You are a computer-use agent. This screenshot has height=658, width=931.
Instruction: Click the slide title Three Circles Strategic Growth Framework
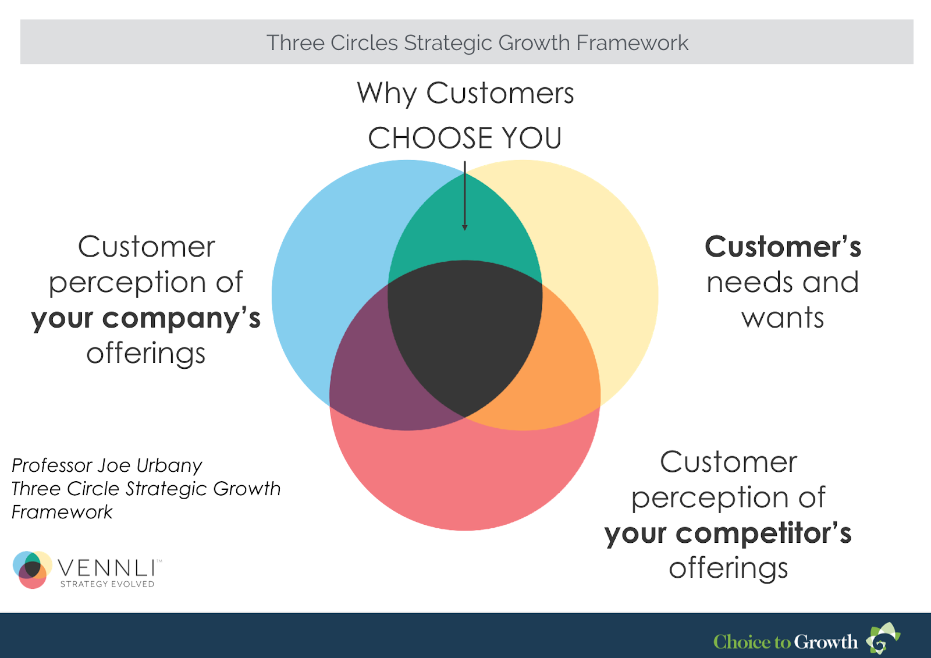[x=477, y=42]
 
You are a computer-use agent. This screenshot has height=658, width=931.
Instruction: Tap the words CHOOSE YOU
[x=465, y=138]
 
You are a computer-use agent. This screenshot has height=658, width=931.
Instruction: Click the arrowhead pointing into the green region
[x=465, y=227]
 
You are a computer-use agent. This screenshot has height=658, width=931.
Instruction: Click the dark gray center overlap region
[x=465, y=333]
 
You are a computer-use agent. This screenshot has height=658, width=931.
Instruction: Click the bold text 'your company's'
[x=146, y=318]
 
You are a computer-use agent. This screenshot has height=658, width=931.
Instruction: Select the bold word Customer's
[x=783, y=247]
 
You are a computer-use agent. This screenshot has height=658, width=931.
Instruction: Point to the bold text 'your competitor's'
[x=728, y=533]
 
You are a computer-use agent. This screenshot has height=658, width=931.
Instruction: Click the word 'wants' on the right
[x=782, y=318]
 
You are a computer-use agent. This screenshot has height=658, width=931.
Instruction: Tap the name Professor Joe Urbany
[x=107, y=465]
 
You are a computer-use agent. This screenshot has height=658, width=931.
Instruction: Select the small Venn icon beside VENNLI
[x=33, y=570]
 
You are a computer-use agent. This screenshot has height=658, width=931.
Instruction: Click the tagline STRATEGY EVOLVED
[x=107, y=584]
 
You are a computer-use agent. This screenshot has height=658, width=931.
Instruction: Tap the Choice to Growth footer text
[x=785, y=642]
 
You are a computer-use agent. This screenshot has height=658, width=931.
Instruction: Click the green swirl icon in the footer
[x=883, y=638]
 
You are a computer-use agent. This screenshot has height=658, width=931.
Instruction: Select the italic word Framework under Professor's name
[x=62, y=512]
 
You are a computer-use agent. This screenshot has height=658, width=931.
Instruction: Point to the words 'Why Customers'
[x=465, y=93]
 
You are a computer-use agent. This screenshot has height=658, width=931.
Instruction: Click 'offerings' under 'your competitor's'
[x=728, y=568]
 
